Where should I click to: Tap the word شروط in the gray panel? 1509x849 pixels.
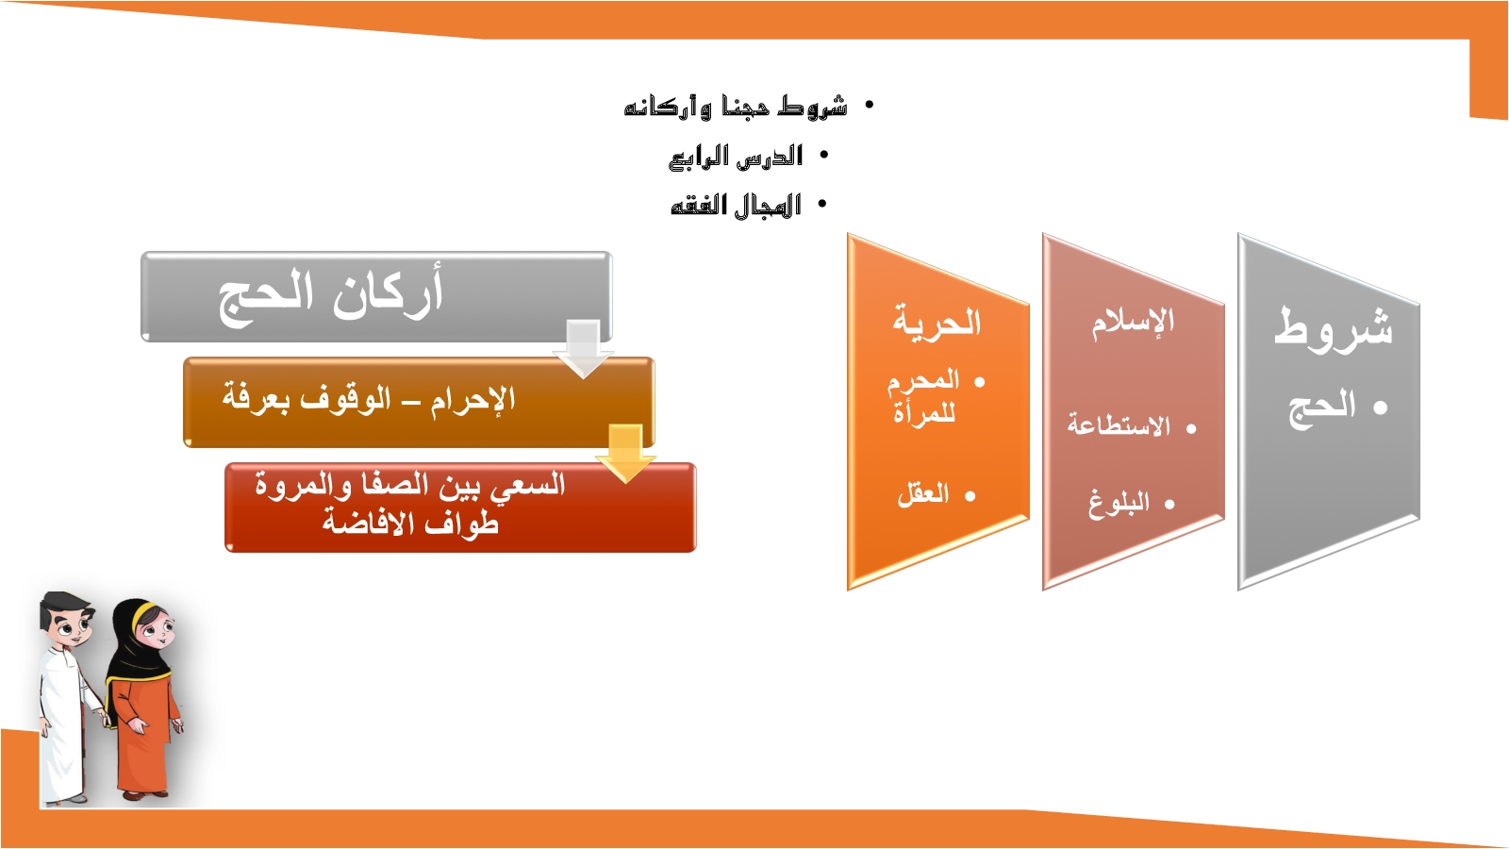click(1334, 328)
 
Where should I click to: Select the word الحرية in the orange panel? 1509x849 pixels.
click(937, 322)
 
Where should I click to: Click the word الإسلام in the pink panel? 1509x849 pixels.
click(1133, 321)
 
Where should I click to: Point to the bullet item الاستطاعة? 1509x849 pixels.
click(1119, 425)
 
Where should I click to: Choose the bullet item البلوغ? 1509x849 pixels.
click(1119, 503)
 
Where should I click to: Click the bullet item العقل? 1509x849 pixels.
click(923, 494)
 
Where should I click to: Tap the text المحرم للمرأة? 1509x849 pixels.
click(923, 397)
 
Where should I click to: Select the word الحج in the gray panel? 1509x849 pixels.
click(1321, 407)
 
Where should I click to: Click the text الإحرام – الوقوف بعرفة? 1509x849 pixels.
click(369, 399)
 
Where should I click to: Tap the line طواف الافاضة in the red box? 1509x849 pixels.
click(410, 523)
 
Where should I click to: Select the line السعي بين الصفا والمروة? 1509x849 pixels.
click(410, 485)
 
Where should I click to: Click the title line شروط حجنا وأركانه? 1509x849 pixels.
click(736, 106)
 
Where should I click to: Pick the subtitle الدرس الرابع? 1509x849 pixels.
click(736, 156)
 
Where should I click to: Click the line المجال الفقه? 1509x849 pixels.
click(736, 205)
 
